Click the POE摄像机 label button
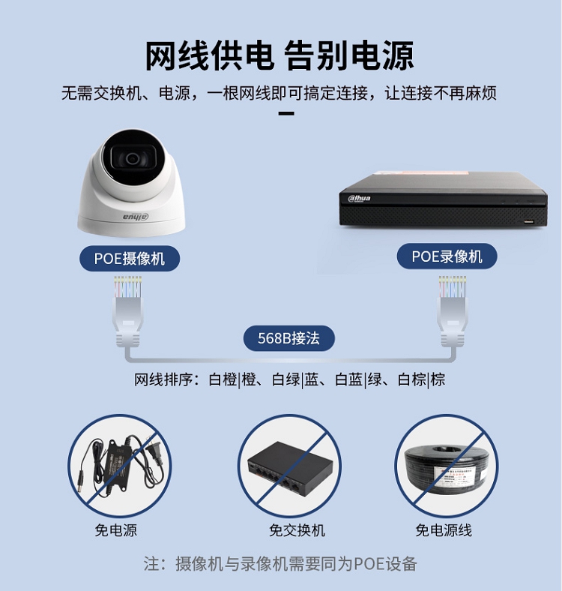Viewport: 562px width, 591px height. click(130, 259)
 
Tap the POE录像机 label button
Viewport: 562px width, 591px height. click(447, 256)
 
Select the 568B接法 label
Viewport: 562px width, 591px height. click(289, 338)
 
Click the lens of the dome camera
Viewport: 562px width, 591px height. click(132, 159)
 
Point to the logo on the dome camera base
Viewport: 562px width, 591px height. click(136, 217)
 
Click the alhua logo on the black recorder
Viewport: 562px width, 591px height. click(359, 198)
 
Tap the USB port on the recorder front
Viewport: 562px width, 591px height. click(529, 221)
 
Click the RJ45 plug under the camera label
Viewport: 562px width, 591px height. click(128, 311)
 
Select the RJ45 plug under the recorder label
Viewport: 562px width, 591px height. click(453, 311)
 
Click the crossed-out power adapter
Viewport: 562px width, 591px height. click(120, 465)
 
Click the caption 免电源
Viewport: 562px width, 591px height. click(115, 530)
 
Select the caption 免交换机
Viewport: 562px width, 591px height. click(297, 530)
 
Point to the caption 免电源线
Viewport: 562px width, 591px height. click(444, 530)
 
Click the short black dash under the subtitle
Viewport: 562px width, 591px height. click(286, 113)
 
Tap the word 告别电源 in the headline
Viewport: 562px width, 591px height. click(348, 55)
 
